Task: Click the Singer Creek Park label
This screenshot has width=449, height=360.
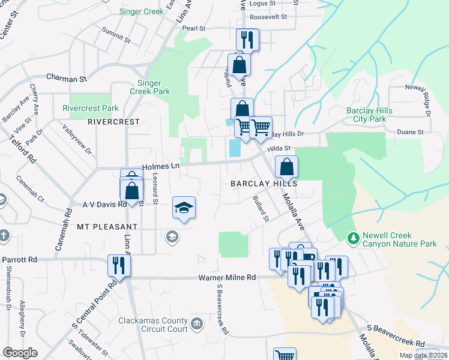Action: point(149,88)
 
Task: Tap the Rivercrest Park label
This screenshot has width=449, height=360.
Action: point(91,109)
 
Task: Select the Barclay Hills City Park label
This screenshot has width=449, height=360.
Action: point(369,115)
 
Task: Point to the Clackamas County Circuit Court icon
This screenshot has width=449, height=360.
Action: point(196,325)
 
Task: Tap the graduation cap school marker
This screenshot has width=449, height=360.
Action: point(184,208)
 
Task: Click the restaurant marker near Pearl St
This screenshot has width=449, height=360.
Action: point(247,40)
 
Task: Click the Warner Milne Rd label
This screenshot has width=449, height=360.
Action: point(228,277)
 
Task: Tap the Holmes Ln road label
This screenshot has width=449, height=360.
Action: point(161,167)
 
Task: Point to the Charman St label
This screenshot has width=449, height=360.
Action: point(67,78)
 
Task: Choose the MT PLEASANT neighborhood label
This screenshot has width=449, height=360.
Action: point(107,227)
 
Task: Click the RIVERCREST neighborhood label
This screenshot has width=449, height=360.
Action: point(113,121)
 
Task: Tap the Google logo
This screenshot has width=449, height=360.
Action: point(20,353)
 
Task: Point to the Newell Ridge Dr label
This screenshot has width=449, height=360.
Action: point(418,98)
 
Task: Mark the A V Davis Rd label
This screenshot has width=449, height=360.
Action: point(104,205)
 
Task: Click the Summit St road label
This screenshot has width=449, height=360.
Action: point(116,35)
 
